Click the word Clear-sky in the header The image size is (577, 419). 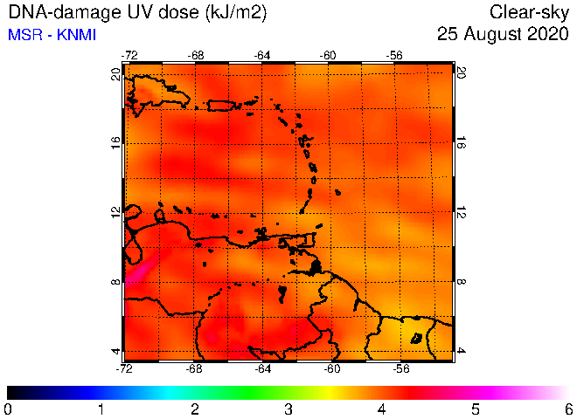point(529,12)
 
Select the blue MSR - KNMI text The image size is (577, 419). point(52,35)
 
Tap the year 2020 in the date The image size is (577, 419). point(548,34)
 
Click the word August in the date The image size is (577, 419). point(493,34)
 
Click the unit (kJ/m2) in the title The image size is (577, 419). point(236,13)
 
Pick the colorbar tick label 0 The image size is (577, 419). point(7,409)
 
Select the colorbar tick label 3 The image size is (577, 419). point(288,409)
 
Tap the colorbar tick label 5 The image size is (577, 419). point(476,409)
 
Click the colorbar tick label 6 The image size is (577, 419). point(569,409)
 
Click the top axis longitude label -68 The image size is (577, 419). point(196,56)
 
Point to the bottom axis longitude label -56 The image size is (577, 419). point(400,368)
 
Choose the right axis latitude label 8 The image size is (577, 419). point(461,282)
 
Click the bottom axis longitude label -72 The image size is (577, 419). point(124,368)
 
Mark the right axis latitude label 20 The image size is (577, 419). point(461,72)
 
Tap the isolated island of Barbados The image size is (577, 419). point(337,192)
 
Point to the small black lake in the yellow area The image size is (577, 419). point(416,338)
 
